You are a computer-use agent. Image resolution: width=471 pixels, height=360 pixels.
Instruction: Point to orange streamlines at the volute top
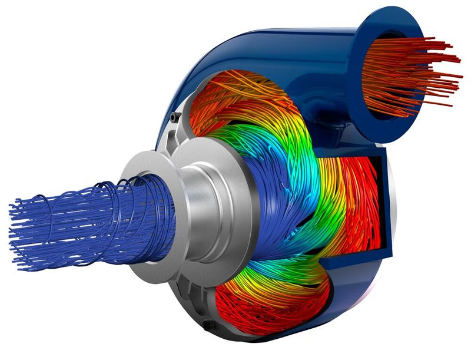[235, 94]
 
